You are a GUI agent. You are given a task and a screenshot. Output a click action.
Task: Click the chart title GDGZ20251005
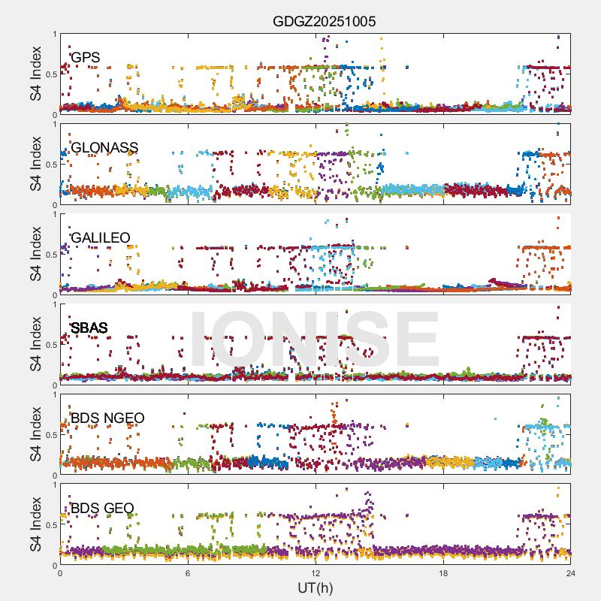coord(324,21)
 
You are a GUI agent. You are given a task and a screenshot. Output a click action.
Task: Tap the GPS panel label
coord(85,57)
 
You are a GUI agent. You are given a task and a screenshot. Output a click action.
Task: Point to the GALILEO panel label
coord(100,238)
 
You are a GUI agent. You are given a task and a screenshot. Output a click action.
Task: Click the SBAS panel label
coord(89,328)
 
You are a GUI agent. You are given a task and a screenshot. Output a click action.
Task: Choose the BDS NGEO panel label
coord(107,418)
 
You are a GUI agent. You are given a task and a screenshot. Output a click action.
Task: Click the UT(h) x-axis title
coord(315,587)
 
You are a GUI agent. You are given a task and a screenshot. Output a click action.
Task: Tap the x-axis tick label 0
coord(60,572)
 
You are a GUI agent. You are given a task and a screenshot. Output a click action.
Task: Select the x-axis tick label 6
coord(188,572)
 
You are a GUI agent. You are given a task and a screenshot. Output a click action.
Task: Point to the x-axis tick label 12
coord(316,572)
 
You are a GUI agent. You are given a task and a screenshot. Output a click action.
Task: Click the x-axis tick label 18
coord(443,572)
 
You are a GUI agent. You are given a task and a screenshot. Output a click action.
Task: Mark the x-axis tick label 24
coord(571,572)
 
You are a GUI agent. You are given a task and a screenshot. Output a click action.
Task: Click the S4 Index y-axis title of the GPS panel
coord(36,74)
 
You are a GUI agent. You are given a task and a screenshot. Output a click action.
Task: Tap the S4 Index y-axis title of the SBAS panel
coord(36,345)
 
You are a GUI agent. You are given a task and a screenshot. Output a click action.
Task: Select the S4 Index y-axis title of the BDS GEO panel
coord(36,525)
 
